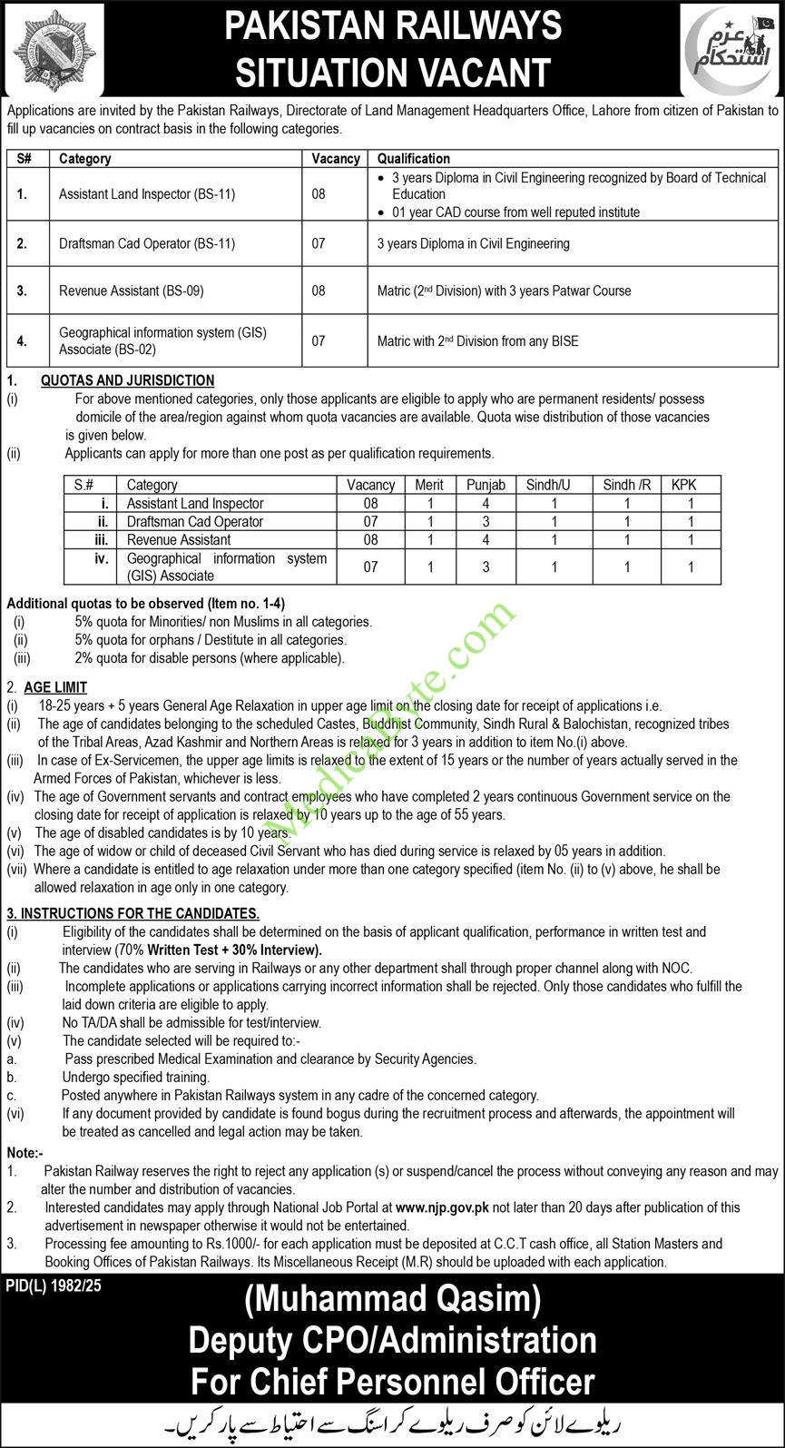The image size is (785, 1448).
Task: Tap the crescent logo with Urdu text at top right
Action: coord(730,49)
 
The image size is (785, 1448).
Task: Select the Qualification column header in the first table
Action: coord(413,158)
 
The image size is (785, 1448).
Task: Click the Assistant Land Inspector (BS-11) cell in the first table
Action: coord(147,194)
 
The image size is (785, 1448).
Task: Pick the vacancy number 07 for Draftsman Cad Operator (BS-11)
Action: coord(319,243)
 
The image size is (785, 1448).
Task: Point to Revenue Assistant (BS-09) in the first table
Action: coord(132,291)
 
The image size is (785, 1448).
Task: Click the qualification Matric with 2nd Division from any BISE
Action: coord(477,341)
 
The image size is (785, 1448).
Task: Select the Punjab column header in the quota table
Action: coord(486,485)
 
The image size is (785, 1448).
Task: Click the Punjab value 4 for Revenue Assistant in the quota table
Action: coord(486,539)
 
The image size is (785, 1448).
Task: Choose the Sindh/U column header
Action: coord(548,485)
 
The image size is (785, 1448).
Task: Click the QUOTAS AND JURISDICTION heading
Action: coord(127,380)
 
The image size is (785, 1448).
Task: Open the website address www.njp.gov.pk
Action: coord(442,1207)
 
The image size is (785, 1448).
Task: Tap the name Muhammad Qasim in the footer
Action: coord(392,1301)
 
